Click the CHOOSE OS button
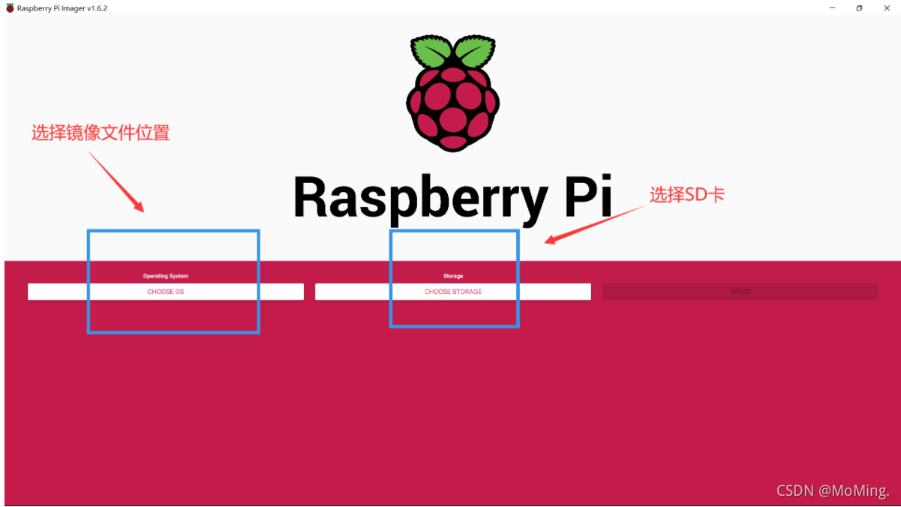click(x=166, y=292)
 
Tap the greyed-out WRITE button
click(x=740, y=292)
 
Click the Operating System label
click(x=166, y=276)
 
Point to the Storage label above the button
click(x=453, y=276)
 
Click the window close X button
click(x=887, y=8)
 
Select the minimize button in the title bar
click(x=833, y=8)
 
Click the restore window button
click(x=860, y=8)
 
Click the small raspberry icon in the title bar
click(x=10, y=8)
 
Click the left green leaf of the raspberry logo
click(x=431, y=52)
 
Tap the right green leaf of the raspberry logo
click(x=475, y=52)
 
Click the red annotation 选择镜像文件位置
click(x=101, y=133)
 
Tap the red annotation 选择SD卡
click(x=687, y=195)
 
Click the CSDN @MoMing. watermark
click(x=833, y=490)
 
